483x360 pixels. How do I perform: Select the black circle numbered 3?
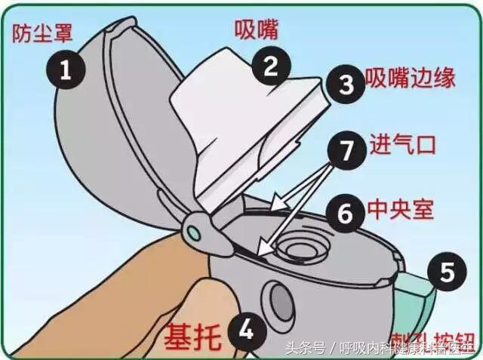346,84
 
